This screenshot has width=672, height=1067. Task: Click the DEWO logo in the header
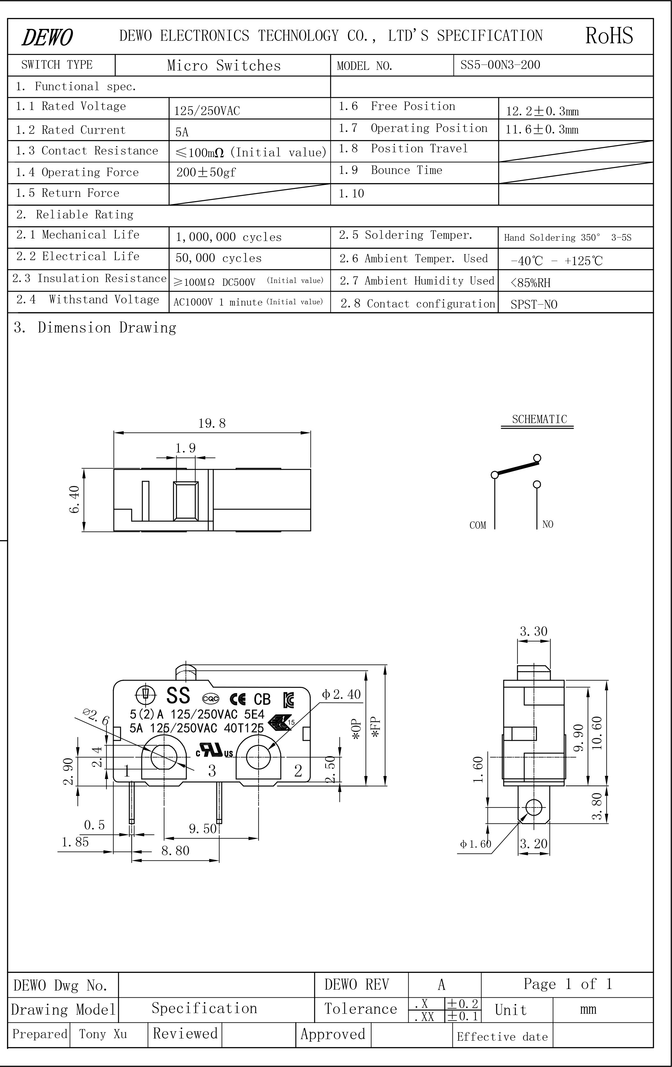click(47, 37)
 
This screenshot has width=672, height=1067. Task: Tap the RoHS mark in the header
click(609, 35)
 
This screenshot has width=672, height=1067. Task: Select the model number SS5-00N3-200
click(500, 65)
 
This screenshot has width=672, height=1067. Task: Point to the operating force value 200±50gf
click(206, 172)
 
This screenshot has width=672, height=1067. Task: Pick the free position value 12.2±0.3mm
click(542, 111)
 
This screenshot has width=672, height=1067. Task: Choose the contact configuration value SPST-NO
click(534, 304)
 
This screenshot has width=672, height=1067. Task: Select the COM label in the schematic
click(477, 525)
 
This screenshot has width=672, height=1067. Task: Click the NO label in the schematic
click(548, 524)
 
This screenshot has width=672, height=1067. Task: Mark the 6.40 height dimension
click(75, 500)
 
